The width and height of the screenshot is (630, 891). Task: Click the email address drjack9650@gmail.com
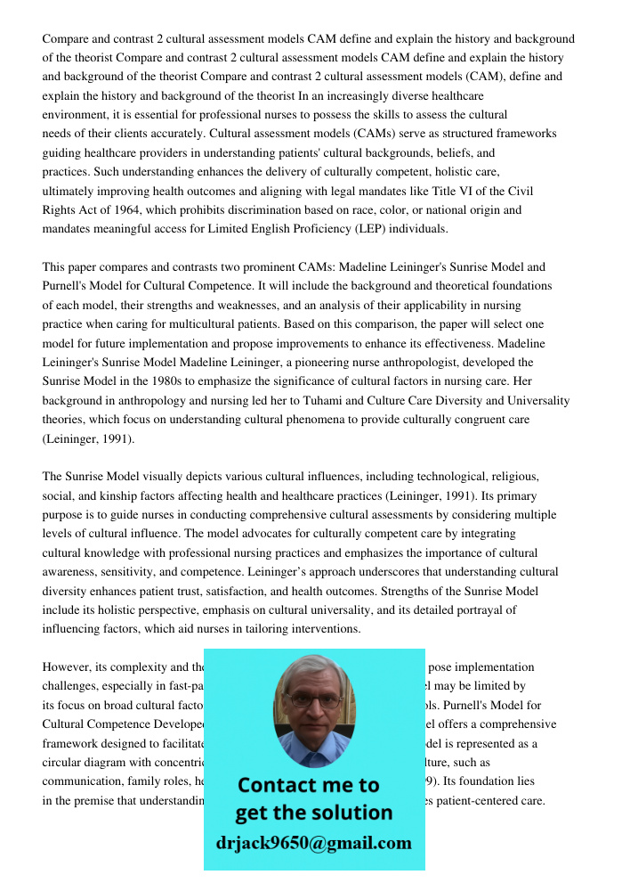(x=313, y=843)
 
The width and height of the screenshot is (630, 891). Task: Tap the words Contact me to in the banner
(x=308, y=785)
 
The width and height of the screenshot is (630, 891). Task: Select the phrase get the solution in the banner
(x=313, y=813)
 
